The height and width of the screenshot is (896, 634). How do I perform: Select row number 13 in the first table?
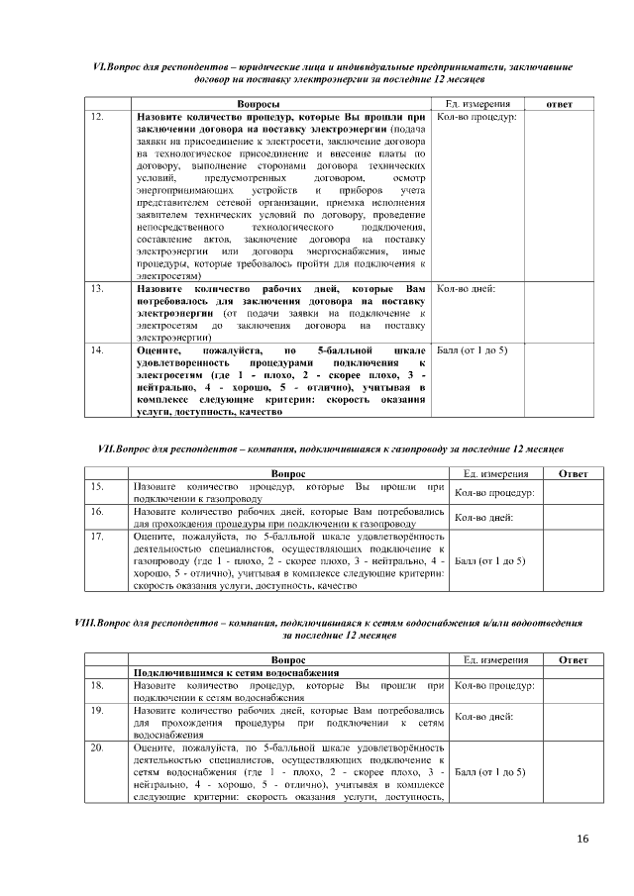tap(97, 289)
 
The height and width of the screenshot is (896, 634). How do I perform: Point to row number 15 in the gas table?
tap(97, 487)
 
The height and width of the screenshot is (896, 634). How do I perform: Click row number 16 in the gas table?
tap(97, 512)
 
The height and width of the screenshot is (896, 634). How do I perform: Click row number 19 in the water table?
tap(97, 710)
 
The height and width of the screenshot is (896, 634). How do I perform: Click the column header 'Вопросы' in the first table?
tap(259, 104)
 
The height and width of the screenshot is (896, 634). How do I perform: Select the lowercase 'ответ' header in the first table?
tap(559, 104)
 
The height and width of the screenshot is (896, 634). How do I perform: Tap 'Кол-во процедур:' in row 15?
tap(493, 492)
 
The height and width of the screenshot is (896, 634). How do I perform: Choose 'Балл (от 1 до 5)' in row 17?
tap(489, 561)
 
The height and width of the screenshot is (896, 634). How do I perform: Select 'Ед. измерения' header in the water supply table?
tap(496, 659)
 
